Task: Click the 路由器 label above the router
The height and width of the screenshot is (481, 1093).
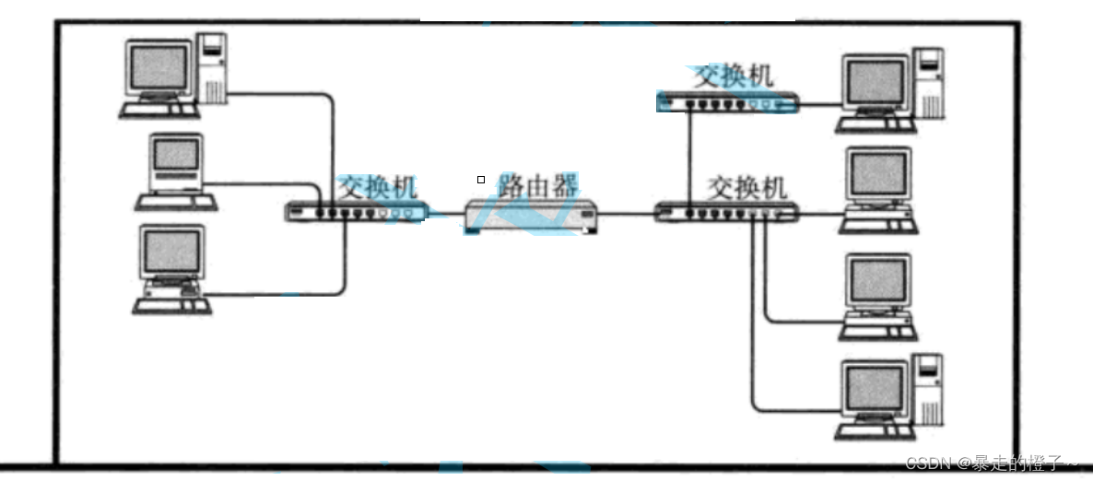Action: [x=538, y=185]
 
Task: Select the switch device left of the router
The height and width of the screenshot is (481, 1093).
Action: [x=355, y=213]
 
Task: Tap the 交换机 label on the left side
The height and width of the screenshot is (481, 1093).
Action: [x=376, y=187]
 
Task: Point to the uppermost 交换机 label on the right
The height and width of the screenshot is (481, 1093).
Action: [x=733, y=76]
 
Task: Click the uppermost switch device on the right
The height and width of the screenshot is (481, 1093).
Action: [x=727, y=103]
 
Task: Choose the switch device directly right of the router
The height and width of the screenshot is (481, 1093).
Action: [x=726, y=214]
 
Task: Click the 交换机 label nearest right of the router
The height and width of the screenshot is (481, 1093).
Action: [x=746, y=187]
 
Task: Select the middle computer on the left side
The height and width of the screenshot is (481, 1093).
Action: [x=175, y=172]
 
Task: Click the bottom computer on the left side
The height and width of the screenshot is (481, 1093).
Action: [x=172, y=267]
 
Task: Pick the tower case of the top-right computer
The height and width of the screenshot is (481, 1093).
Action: [x=930, y=84]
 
